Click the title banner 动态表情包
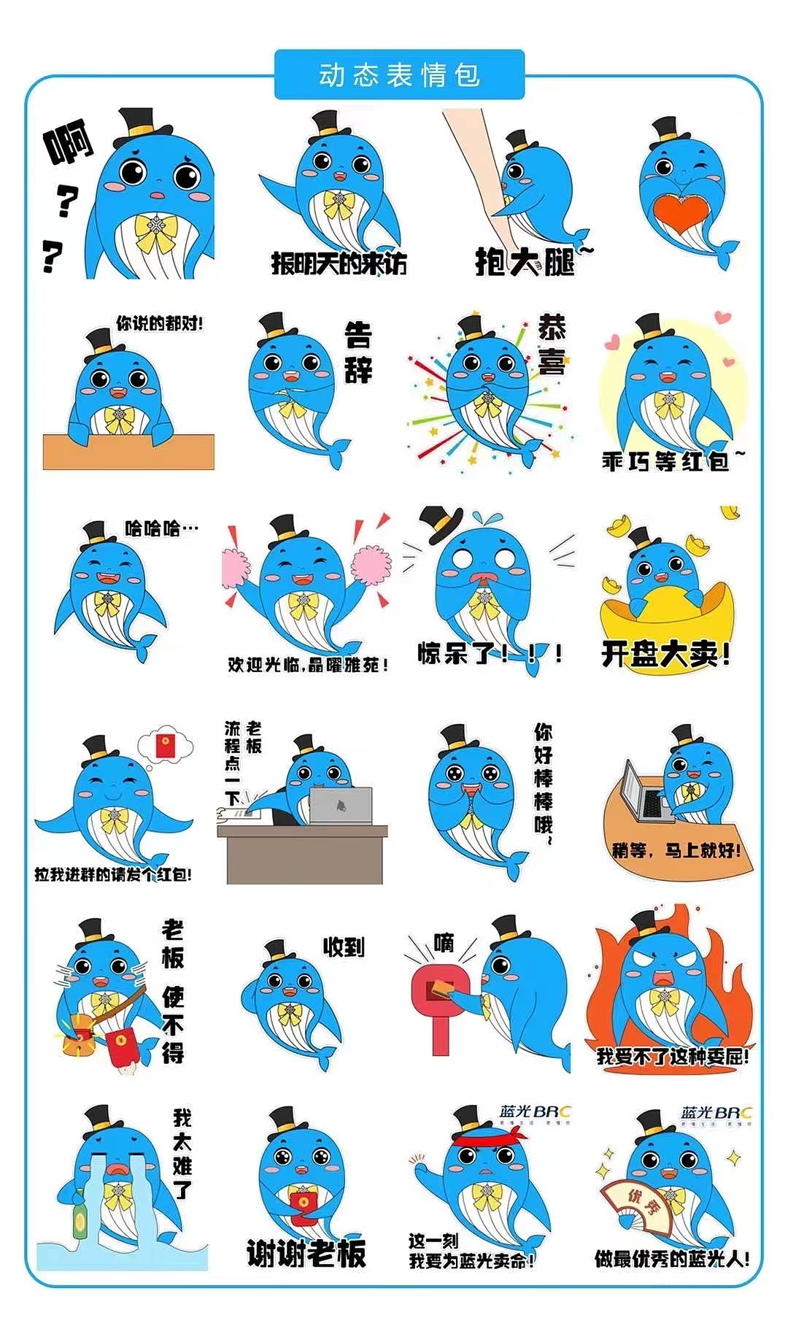(399, 75)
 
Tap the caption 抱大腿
(525, 261)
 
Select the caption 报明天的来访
(339, 263)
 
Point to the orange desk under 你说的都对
(128, 452)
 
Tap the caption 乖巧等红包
(665, 461)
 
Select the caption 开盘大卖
(665, 654)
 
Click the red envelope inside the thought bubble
(166, 746)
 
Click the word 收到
(343, 947)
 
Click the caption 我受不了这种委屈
(672, 1055)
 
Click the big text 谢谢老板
(306, 1254)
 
